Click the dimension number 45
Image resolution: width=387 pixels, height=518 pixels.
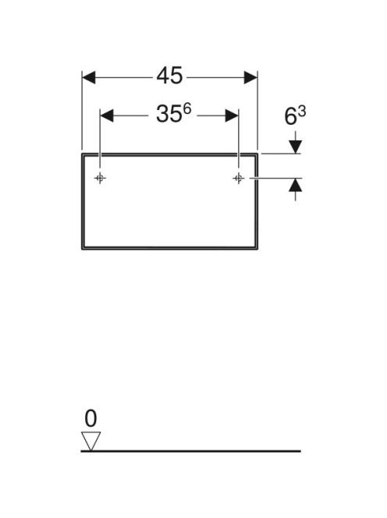169,76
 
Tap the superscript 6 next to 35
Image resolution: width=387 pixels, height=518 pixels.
187,108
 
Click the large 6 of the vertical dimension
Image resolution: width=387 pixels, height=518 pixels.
290,116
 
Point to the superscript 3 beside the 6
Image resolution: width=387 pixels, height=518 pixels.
302,112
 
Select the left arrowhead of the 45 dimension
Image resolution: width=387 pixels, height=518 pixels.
89,78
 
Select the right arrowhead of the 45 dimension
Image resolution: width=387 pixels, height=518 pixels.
250,78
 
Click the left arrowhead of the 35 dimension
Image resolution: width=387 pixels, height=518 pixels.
107,115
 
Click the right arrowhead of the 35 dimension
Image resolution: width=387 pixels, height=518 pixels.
232,115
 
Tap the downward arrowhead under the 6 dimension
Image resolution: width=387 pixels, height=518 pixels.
296,147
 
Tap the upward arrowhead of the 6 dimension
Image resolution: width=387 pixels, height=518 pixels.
296,185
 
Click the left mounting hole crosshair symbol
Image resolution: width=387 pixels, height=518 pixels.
100,179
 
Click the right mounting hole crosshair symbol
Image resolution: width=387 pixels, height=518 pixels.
238,179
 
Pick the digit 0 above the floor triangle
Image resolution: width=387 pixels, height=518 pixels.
91,418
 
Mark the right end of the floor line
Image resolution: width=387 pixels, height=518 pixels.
300,451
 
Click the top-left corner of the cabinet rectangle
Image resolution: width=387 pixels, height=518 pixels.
82,154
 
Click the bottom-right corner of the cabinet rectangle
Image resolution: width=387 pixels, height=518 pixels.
257,249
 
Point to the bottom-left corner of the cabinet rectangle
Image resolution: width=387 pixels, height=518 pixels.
82,249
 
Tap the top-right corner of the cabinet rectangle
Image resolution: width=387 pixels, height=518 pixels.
257,154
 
